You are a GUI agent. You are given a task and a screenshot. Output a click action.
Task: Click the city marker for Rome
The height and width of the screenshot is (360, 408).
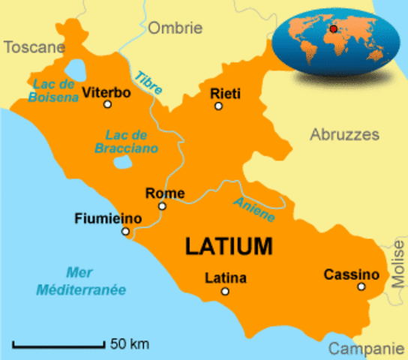pyautogui.click(x=161, y=205)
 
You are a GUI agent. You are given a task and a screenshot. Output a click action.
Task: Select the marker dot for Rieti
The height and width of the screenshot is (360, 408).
pyautogui.click(x=218, y=106)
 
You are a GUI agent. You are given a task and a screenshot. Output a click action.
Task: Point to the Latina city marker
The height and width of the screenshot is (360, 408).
pyautogui.click(x=224, y=292)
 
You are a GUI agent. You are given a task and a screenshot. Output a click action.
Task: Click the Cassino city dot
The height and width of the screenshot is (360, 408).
pyautogui.click(x=361, y=286)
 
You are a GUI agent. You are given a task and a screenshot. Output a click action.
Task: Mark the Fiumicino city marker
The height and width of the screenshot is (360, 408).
pyautogui.click(x=125, y=231)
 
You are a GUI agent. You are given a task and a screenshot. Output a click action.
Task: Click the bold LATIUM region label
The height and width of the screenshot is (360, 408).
pyautogui.click(x=228, y=245)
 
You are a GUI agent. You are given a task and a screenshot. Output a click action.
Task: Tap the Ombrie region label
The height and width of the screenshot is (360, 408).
pyautogui.click(x=175, y=28)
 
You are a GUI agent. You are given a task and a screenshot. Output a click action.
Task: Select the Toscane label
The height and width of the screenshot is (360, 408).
pyautogui.click(x=34, y=47)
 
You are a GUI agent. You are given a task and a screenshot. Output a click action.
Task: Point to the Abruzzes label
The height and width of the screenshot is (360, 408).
pyautogui.click(x=344, y=135)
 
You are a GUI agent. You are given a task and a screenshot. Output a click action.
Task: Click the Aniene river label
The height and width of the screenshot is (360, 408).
pyautogui.click(x=254, y=209)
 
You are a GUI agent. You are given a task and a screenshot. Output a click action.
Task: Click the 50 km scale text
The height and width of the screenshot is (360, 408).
pyautogui.click(x=129, y=345)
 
